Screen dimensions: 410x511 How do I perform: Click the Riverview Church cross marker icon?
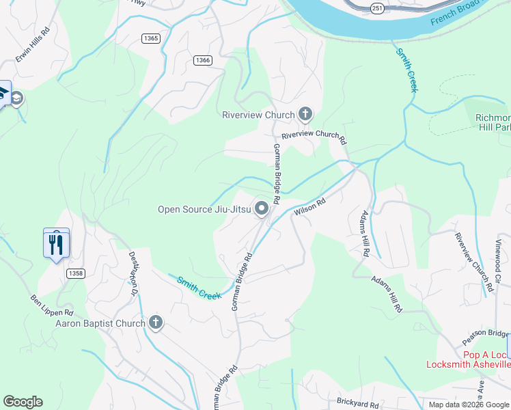pos(305,115)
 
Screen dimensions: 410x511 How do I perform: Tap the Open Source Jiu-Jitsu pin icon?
pos(262,209)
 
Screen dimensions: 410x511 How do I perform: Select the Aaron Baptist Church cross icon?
pos(156,323)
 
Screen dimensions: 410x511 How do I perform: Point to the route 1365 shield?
pos(152,38)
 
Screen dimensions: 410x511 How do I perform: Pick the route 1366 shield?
pos(203,60)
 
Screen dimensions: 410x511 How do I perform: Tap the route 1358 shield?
pos(76,273)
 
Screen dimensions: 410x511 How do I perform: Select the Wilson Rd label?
pos(310,207)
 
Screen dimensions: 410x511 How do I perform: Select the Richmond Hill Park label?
pos(493,122)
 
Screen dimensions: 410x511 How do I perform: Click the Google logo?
pos(23,402)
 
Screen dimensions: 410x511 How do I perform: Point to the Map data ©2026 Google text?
pos(469,405)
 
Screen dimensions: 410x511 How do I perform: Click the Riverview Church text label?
pos(258,115)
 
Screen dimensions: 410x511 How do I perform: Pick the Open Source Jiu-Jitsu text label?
pos(204,210)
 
